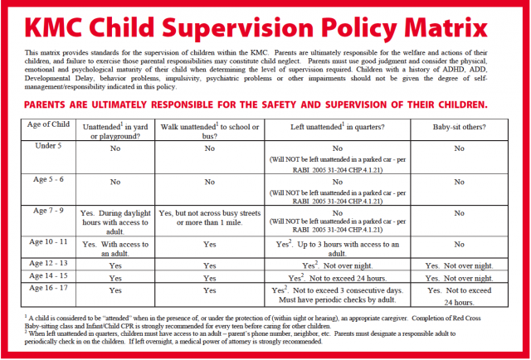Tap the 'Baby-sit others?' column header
point(458,130)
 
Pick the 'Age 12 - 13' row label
point(48,263)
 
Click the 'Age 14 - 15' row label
point(48,275)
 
